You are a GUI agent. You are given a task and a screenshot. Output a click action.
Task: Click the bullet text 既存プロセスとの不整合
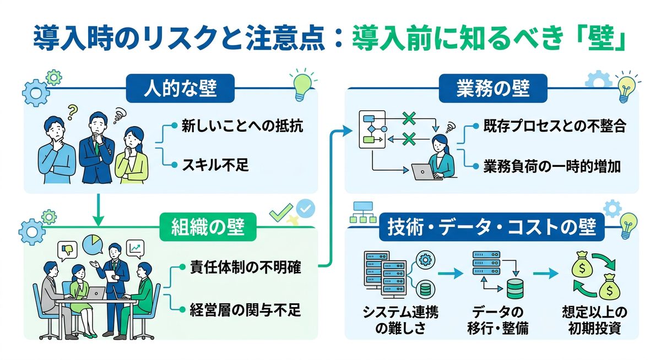point(555,126)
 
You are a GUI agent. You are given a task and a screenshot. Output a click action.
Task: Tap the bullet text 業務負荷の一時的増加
point(552,166)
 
